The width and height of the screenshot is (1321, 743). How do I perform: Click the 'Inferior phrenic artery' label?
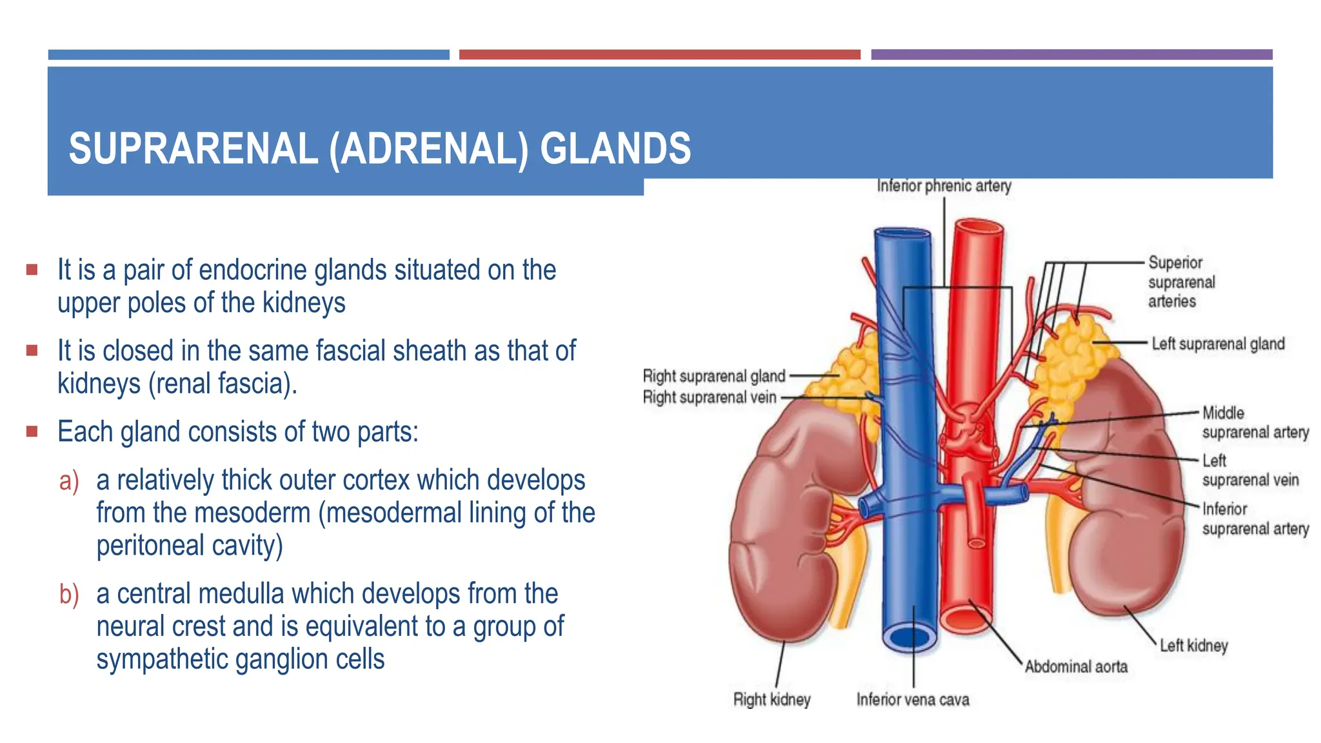[944, 186]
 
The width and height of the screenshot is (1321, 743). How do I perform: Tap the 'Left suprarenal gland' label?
[1218, 344]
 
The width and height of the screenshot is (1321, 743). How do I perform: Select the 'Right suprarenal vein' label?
[710, 397]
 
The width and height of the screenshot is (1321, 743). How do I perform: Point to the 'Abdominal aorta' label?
[1076, 666]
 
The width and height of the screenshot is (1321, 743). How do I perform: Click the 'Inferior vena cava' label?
[913, 699]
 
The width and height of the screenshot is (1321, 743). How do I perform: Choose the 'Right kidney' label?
[771, 699]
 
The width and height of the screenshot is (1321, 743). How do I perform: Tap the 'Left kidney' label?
[1193, 646]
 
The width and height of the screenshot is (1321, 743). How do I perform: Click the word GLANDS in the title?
[615, 149]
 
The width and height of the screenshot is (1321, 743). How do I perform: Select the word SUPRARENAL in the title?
[194, 149]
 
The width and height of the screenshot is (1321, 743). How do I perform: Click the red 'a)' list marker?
[69, 481]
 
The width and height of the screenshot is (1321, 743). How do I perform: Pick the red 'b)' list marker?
[69, 595]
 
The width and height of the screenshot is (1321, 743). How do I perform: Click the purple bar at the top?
[1071, 55]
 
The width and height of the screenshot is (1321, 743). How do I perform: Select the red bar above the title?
[659, 55]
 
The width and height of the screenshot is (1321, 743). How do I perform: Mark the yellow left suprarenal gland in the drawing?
[1071, 361]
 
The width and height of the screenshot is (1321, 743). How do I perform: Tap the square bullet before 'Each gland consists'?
[32, 431]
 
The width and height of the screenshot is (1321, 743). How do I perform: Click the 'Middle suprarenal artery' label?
[1255, 422]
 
